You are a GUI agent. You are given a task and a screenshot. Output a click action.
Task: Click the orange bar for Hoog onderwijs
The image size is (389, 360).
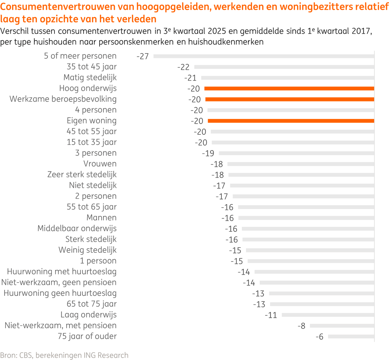[289, 88]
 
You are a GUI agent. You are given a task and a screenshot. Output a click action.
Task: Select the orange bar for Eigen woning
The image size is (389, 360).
[291, 121]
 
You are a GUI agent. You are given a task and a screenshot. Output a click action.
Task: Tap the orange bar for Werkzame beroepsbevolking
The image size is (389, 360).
[289, 99]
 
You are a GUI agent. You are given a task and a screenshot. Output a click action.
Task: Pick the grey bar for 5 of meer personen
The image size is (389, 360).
[264, 56]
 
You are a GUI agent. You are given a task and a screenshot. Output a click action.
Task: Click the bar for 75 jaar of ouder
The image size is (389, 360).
[351, 337]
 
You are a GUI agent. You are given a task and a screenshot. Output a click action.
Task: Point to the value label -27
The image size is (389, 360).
[143, 56]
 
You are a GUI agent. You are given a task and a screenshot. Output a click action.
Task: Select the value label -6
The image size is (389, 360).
[319, 337]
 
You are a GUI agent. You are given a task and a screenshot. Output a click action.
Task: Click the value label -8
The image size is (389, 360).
[301, 326]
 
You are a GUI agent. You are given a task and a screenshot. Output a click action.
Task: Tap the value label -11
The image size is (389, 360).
[271, 315]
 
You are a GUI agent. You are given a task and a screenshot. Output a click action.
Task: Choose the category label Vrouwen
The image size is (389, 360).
[100, 164]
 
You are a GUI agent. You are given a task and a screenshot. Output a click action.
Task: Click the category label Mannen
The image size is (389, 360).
[101, 218]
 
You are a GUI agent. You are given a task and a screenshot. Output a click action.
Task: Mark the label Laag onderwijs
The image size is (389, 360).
[88, 315]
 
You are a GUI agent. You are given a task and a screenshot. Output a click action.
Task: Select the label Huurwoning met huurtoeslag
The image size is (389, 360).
[62, 272]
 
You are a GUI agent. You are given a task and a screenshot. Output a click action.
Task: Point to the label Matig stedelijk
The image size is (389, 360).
[90, 78]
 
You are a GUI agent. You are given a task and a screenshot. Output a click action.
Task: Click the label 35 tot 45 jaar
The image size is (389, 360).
[91, 67]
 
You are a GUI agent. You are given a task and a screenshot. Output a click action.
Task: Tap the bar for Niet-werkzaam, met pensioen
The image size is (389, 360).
[342, 326]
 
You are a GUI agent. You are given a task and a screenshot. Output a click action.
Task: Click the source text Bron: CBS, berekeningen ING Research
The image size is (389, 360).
[64, 355]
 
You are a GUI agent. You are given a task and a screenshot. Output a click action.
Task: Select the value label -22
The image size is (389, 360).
[183, 67]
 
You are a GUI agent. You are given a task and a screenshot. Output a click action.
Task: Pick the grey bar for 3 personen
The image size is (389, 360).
[296, 153]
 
